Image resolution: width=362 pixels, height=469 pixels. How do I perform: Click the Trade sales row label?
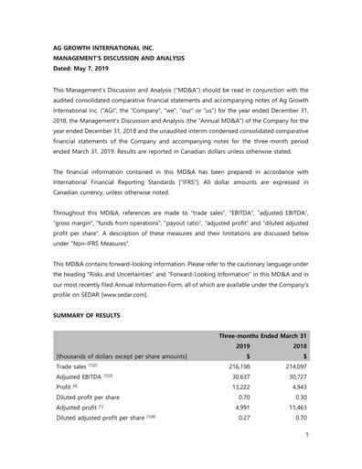(80, 366)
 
